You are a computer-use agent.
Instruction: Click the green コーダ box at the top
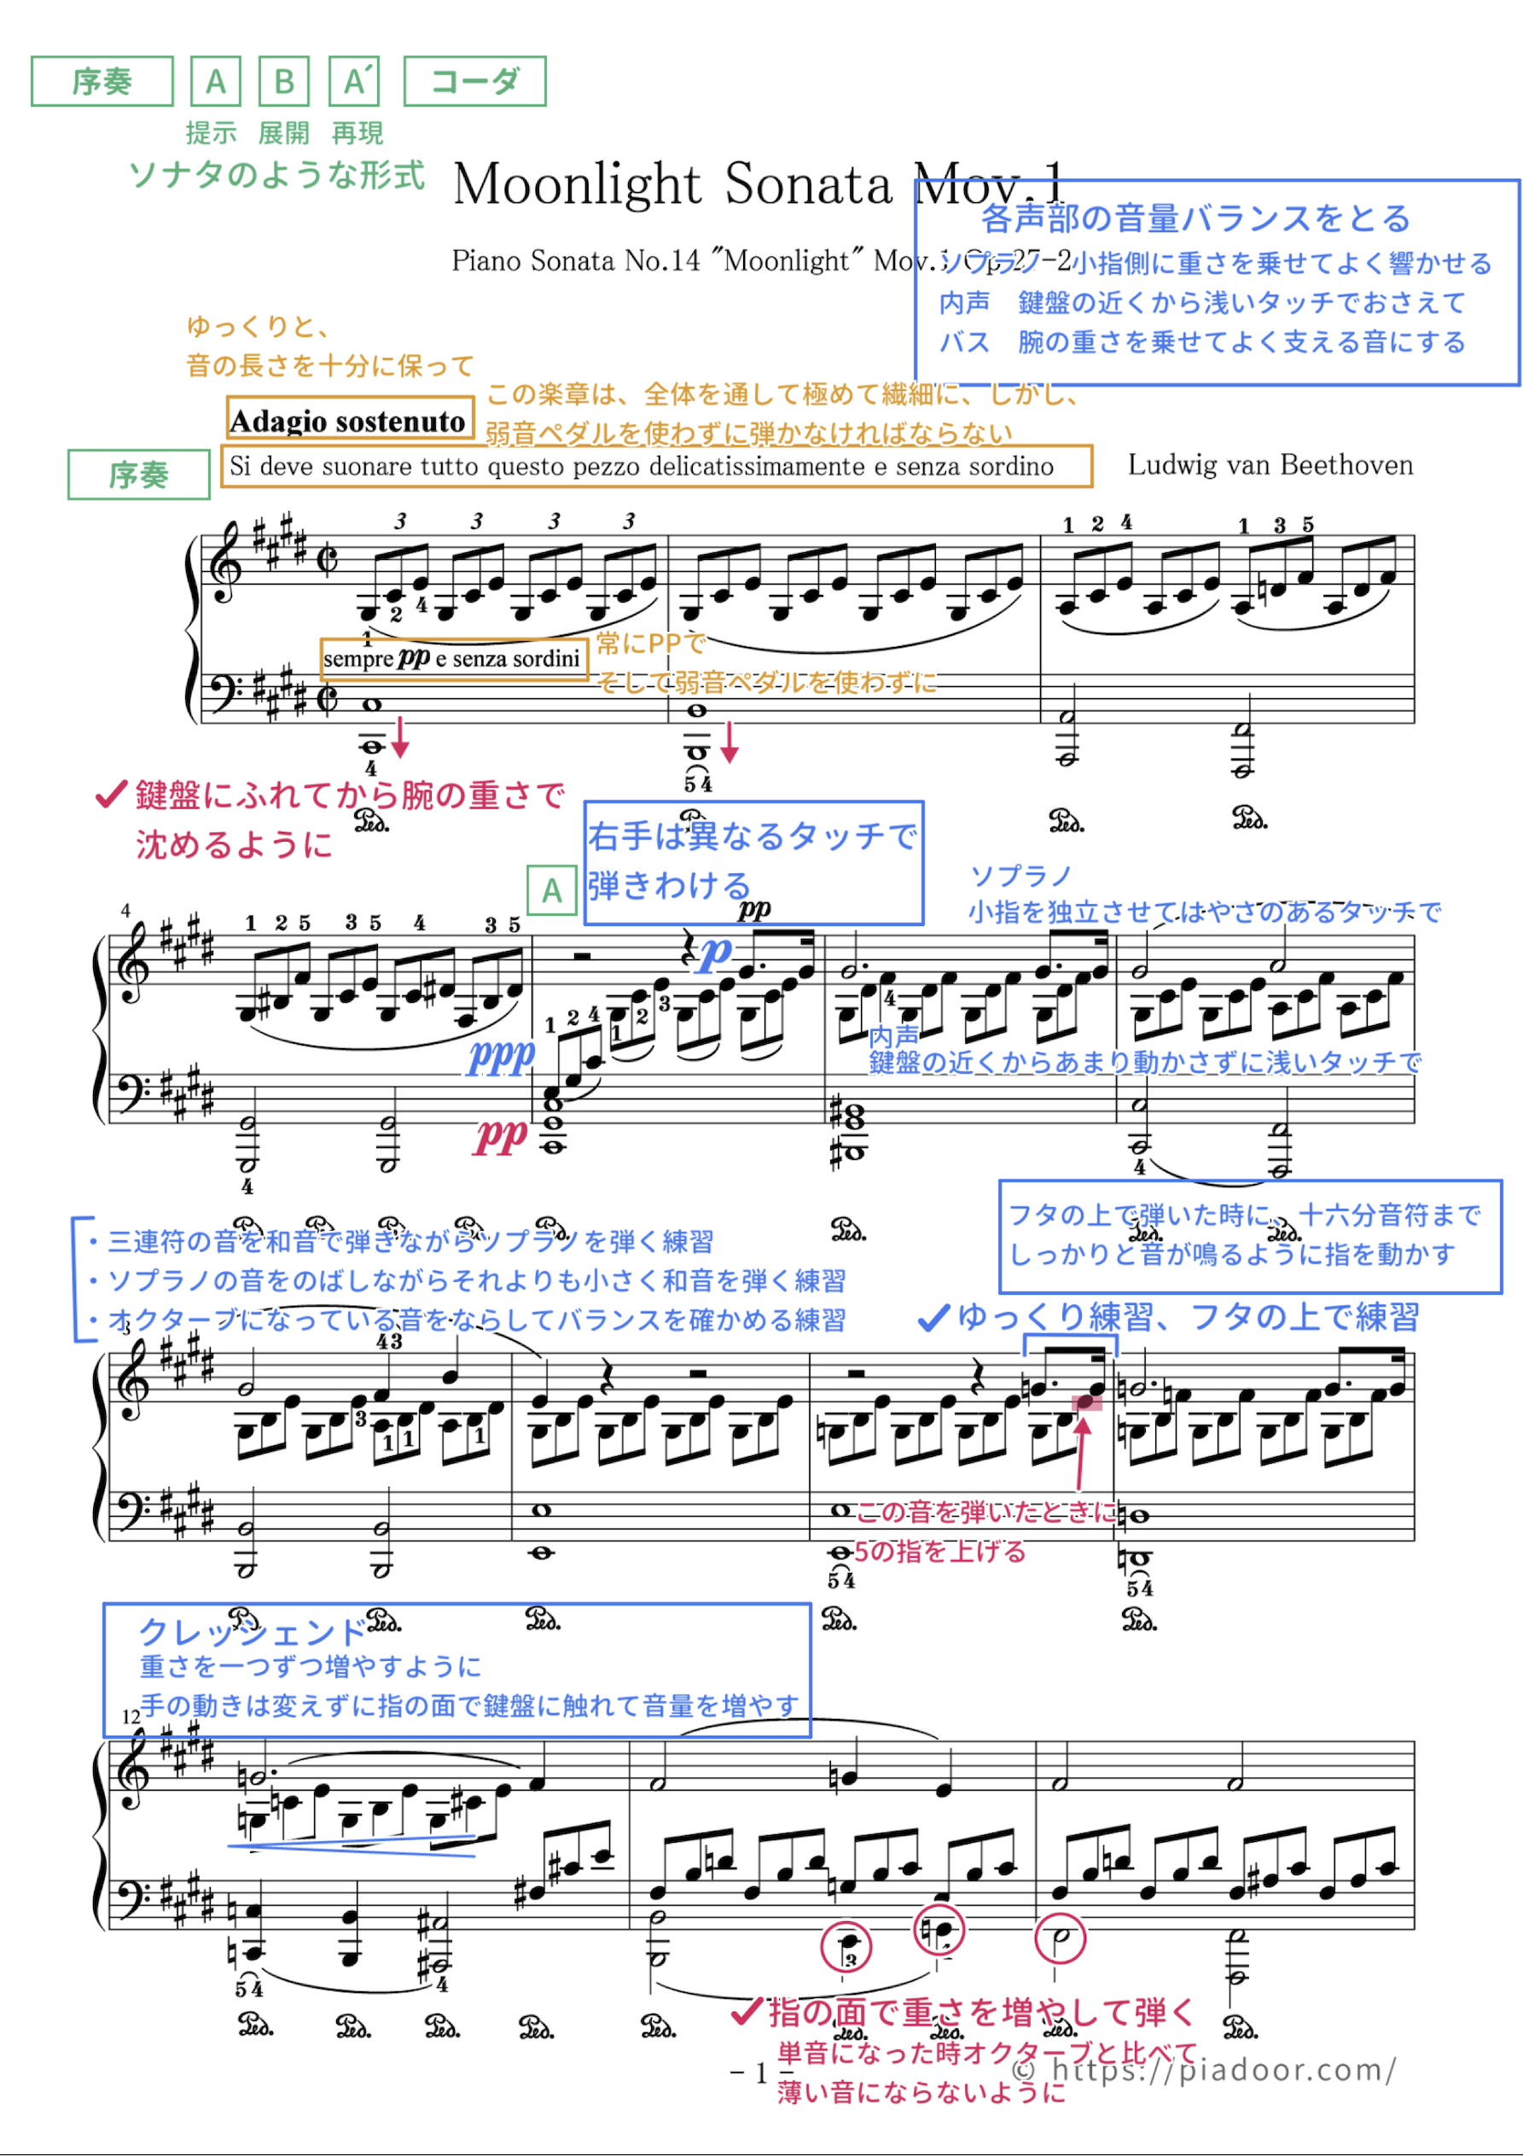click(x=474, y=82)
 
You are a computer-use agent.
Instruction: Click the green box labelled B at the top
click(x=283, y=82)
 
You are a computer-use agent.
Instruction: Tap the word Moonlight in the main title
click(x=578, y=184)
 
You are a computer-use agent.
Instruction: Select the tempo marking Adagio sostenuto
click(x=348, y=421)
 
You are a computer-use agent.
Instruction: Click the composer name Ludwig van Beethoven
click(x=1270, y=465)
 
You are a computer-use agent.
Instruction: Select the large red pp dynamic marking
click(x=501, y=1136)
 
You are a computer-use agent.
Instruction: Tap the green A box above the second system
click(x=551, y=889)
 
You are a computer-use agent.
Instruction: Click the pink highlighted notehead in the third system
click(x=1087, y=1402)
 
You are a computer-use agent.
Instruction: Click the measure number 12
click(x=131, y=1716)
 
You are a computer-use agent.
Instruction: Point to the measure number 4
click(x=125, y=910)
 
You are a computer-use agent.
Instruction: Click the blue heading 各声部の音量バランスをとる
click(x=1195, y=219)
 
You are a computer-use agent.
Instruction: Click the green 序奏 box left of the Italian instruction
click(x=138, y=475)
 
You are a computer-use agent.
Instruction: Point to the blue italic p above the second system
click(x=716, y=954)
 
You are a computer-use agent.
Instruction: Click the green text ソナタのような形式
click(x=276, y=175)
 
